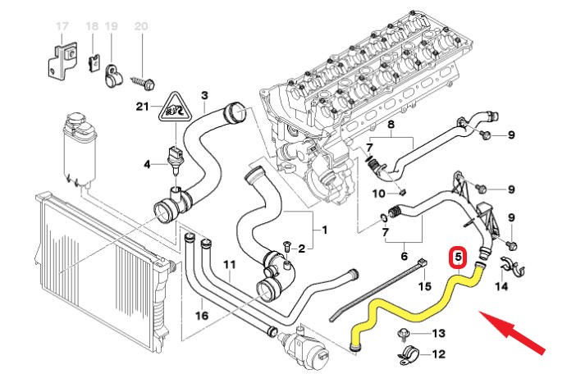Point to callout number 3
click(x=203, y=95)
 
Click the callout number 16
click(x=202, y=315)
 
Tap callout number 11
click(x=229, y=264)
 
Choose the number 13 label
click(x=437, y=333)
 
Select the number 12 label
click(x=437, y=354)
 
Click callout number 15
click(x=424, y=286)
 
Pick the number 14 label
click(x=501, y=287)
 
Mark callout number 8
click(x=391, y=125)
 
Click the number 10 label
click(x=379, y=194)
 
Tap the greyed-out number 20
click(x=140, y=26)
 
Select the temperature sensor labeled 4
click(x=172, y=157)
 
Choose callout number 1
click(x=323, y=230)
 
